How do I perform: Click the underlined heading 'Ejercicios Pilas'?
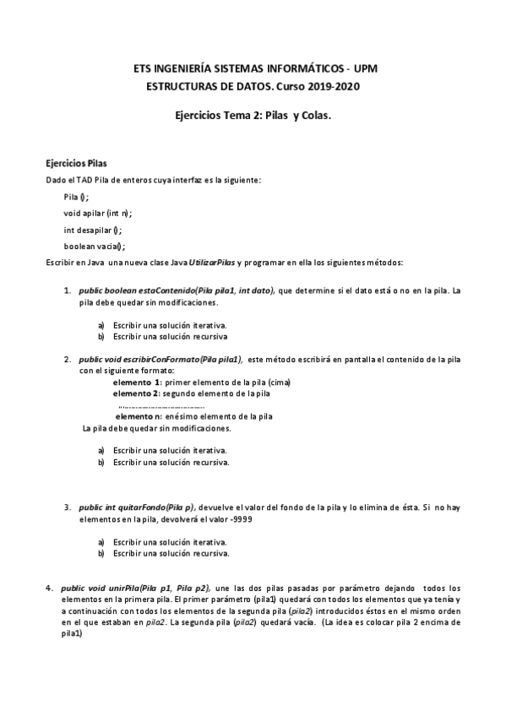pyautogui.click(x=76, y=164)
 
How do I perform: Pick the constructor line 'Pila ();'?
pyautogui.click(x=76, y=196)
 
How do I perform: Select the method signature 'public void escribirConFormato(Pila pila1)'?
pyautogui.click(x=161, y=360)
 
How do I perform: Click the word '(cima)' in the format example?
pyautogui.click(x=276, y=382)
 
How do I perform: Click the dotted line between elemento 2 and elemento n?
pyautogui.click(x=161, y=406)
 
